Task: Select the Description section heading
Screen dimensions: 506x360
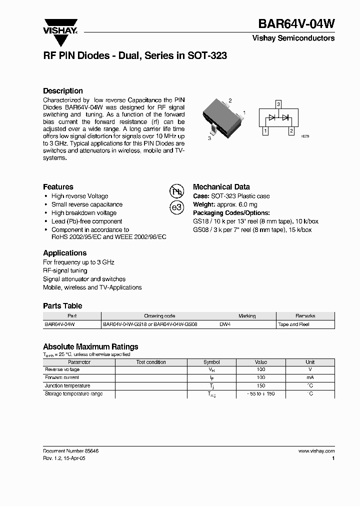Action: (x=63, y=91)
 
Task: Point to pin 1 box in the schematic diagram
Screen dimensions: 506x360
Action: (x=266, y=131)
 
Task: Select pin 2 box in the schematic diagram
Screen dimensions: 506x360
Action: (x=291, y=131)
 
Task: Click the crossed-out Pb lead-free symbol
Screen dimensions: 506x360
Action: (x=177, y=191)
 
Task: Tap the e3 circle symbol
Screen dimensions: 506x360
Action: (x=177, y=207)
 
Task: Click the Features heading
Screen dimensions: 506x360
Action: (x=58, y=186)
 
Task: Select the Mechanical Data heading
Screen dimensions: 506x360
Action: (x=221, y=186)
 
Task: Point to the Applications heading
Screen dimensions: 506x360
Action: (x=64, y=253)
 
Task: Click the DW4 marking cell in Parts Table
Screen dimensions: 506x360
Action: (x=225, y=324)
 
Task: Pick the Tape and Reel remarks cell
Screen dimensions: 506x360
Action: (x=293, y=324)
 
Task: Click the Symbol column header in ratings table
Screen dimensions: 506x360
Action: (x=211, y=362)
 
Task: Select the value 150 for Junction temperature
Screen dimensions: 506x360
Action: (x=260, y=386)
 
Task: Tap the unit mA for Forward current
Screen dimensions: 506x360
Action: (x=310, y=378)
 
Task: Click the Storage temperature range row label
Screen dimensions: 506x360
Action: (x=73, y=394)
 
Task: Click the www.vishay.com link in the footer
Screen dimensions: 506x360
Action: (x=316, y=451)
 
